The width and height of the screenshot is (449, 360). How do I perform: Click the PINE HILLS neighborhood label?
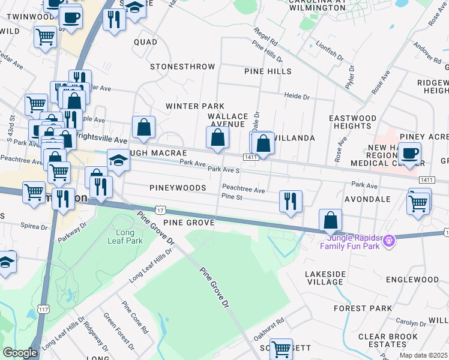[x=268, y=71]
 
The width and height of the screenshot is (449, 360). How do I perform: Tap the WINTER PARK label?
[x=190, y=106]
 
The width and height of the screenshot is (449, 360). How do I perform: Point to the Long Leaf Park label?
[x=128, y=236]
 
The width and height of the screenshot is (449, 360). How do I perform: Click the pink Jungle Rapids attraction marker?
[x=388, y=241]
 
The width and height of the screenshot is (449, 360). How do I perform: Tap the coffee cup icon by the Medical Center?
[x=409, y=153]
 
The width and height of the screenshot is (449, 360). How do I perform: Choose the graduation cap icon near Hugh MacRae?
[x=118, y=160]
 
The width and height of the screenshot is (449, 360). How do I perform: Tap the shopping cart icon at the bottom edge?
[x=281, y=349]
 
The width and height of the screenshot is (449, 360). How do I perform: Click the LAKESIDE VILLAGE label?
[x=325, y=278]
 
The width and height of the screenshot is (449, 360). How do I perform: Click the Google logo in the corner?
[x=20, y=353]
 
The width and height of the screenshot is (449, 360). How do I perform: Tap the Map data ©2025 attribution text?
[x=424, y=355]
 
